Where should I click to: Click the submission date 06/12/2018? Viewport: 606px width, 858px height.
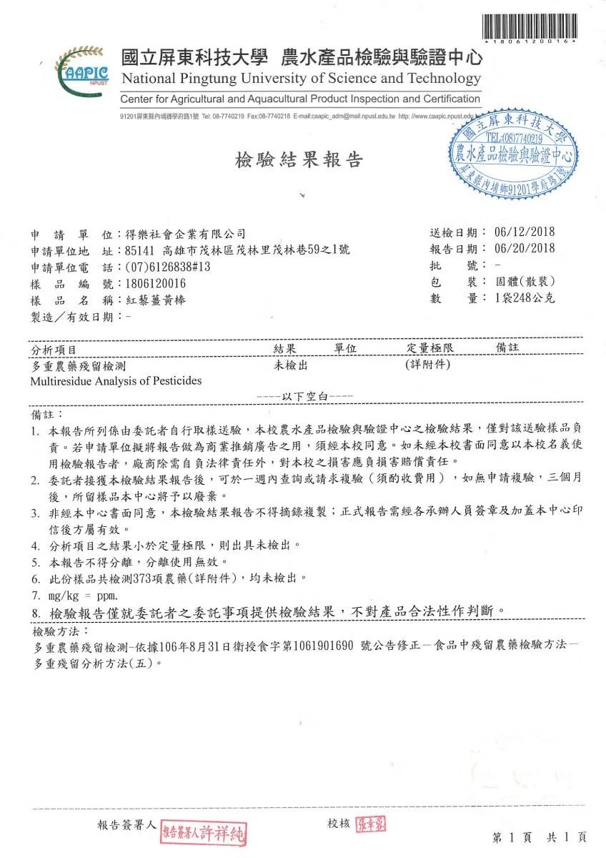tap(524, 232)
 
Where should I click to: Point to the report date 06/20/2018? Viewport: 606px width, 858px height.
tap(524, 249)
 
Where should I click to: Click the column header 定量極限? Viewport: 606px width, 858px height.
tap(426, 348)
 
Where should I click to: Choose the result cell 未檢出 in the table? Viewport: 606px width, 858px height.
tap(291, 365)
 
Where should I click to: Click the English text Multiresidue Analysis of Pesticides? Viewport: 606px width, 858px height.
tap(116, 380)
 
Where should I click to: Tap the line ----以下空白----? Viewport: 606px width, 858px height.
tap(306, 395)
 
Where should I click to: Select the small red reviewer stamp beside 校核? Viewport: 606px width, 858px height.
tap(371, 824)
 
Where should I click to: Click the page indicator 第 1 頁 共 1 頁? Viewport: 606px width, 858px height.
tap(540, 837)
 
